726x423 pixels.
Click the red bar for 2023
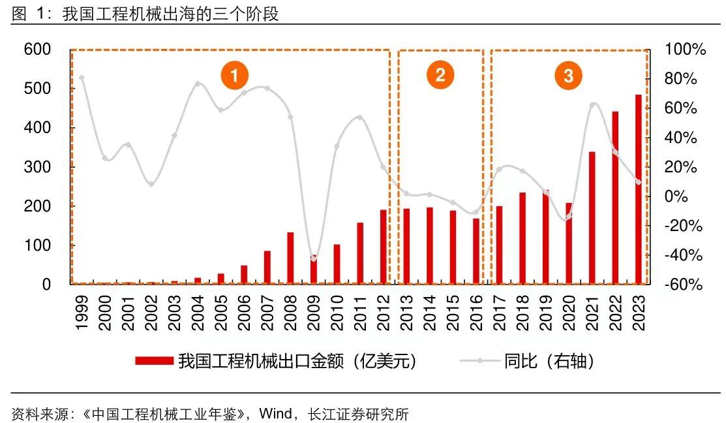[639, 189]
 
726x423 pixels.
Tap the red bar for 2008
[290, 258]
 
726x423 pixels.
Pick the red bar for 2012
[383, 247]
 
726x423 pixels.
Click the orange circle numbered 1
[233, 76]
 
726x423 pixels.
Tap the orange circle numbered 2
[440, 75]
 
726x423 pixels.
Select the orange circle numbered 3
[568, 76]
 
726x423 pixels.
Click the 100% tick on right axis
[686, 50]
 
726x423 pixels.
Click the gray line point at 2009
[314, 258]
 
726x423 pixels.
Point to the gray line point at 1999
[82, 78]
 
